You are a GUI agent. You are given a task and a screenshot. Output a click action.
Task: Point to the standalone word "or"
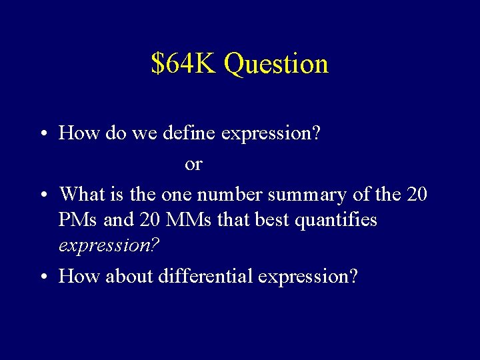(x=193, y=164)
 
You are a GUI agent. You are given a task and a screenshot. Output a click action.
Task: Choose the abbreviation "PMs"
(x=79, y=219)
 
